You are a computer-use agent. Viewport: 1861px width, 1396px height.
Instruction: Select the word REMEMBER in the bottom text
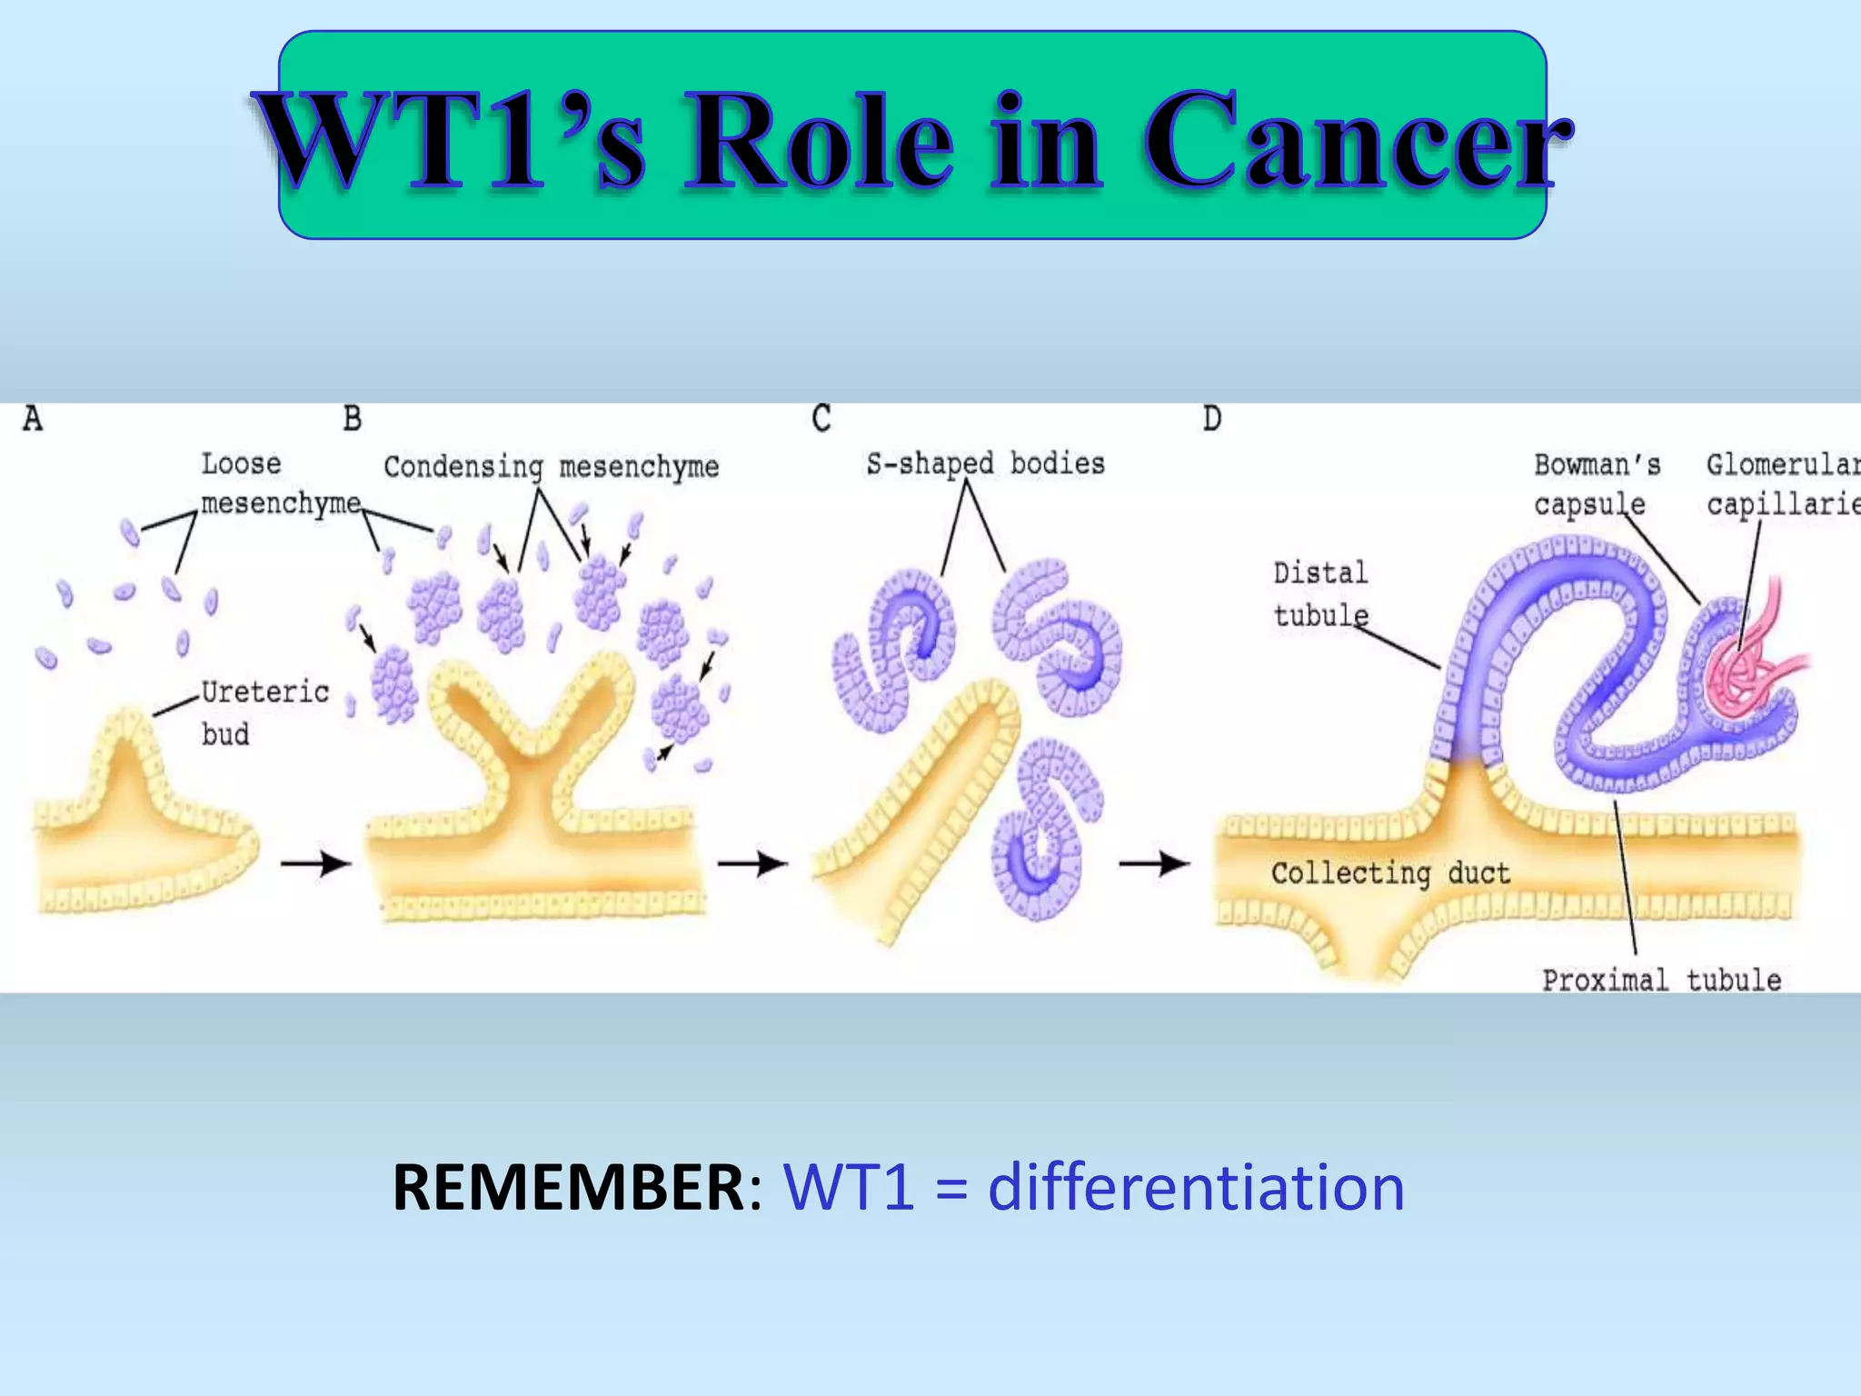point(569,1187)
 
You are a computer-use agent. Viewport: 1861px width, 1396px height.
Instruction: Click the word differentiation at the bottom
point(1196,1187)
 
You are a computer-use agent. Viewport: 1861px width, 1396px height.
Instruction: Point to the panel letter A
point(33,419)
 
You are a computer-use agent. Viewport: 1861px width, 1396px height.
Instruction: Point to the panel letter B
point(353,419)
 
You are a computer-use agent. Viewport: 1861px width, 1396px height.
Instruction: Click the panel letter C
point(821,419)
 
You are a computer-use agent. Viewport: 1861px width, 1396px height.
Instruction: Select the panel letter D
point(1212,419)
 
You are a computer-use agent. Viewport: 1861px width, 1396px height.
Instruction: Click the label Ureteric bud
point(264,713)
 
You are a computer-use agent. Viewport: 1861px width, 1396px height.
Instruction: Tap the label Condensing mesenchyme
point(551,467)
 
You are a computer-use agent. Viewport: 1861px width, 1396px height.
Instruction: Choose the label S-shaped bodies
point(985,464)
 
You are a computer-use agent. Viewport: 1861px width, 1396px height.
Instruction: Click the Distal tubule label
point(1319,593)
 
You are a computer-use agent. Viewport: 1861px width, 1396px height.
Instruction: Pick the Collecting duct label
point(1390,873)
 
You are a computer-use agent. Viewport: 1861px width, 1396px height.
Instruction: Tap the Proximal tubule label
point(1661,980)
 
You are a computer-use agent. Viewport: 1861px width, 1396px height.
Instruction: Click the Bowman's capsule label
point(1596,484)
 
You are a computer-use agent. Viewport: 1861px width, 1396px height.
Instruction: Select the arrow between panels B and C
point(752,863)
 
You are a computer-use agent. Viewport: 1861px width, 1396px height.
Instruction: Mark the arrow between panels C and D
point(1153,863)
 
